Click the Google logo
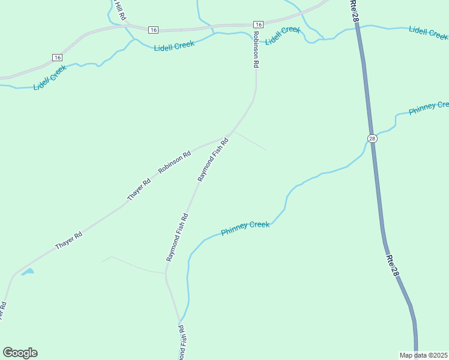[x=20, y=353]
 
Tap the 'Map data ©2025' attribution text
[x=424, y=355]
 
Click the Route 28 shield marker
[x=372, y=139]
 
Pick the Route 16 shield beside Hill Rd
[x=153, y=29]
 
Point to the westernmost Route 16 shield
[x=57, y=57]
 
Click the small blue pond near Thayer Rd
[x=28, y=272]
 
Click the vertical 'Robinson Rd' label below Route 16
[x=256, y=49]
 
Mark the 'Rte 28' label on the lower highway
[x=392, y=265]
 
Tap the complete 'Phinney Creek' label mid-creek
[x=245, y=228]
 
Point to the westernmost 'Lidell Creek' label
[x=50, y=77]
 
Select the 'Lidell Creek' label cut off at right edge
[x=428, y=31]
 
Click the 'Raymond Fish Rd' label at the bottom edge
[x=182, y=343]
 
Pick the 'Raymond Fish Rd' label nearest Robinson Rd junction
[x=213, y=160]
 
